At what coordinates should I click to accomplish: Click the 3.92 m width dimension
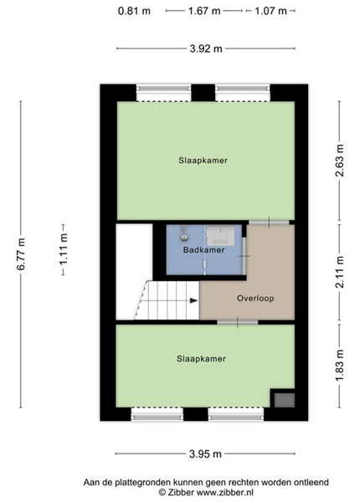click(x=206, y=49)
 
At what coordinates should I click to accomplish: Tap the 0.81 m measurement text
click(x=134, y=11)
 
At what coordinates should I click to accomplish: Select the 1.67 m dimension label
click(x=204, y=11)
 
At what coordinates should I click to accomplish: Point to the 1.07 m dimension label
click(x=270, y=11)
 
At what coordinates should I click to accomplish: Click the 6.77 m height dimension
click(x=21, y=254)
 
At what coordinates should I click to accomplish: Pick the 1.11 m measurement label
click(x=63, y=249)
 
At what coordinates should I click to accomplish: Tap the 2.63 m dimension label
click(x=340, y=161)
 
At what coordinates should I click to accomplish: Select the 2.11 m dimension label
click(x=340, y=272)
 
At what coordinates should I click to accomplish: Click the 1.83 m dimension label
click(x=340, y=366)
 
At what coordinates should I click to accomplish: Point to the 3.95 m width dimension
click(x=205, y=453)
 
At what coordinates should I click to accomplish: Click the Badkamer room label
click(x=203, y=249)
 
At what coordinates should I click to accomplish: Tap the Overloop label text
click(x=255, y=299)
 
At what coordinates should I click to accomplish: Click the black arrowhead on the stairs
click(x=193, y=300)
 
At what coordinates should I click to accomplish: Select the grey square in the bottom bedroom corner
click(x=284, y=400)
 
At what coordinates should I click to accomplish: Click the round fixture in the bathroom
click(x=184, y=237)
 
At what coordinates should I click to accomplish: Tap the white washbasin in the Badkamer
click(x=219, y=236)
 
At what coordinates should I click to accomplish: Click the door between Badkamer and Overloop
click(x=244, y=256)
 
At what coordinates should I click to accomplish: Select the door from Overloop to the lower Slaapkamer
click(x=237, y=322)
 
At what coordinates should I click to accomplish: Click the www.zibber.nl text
click(x=225, y=492)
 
